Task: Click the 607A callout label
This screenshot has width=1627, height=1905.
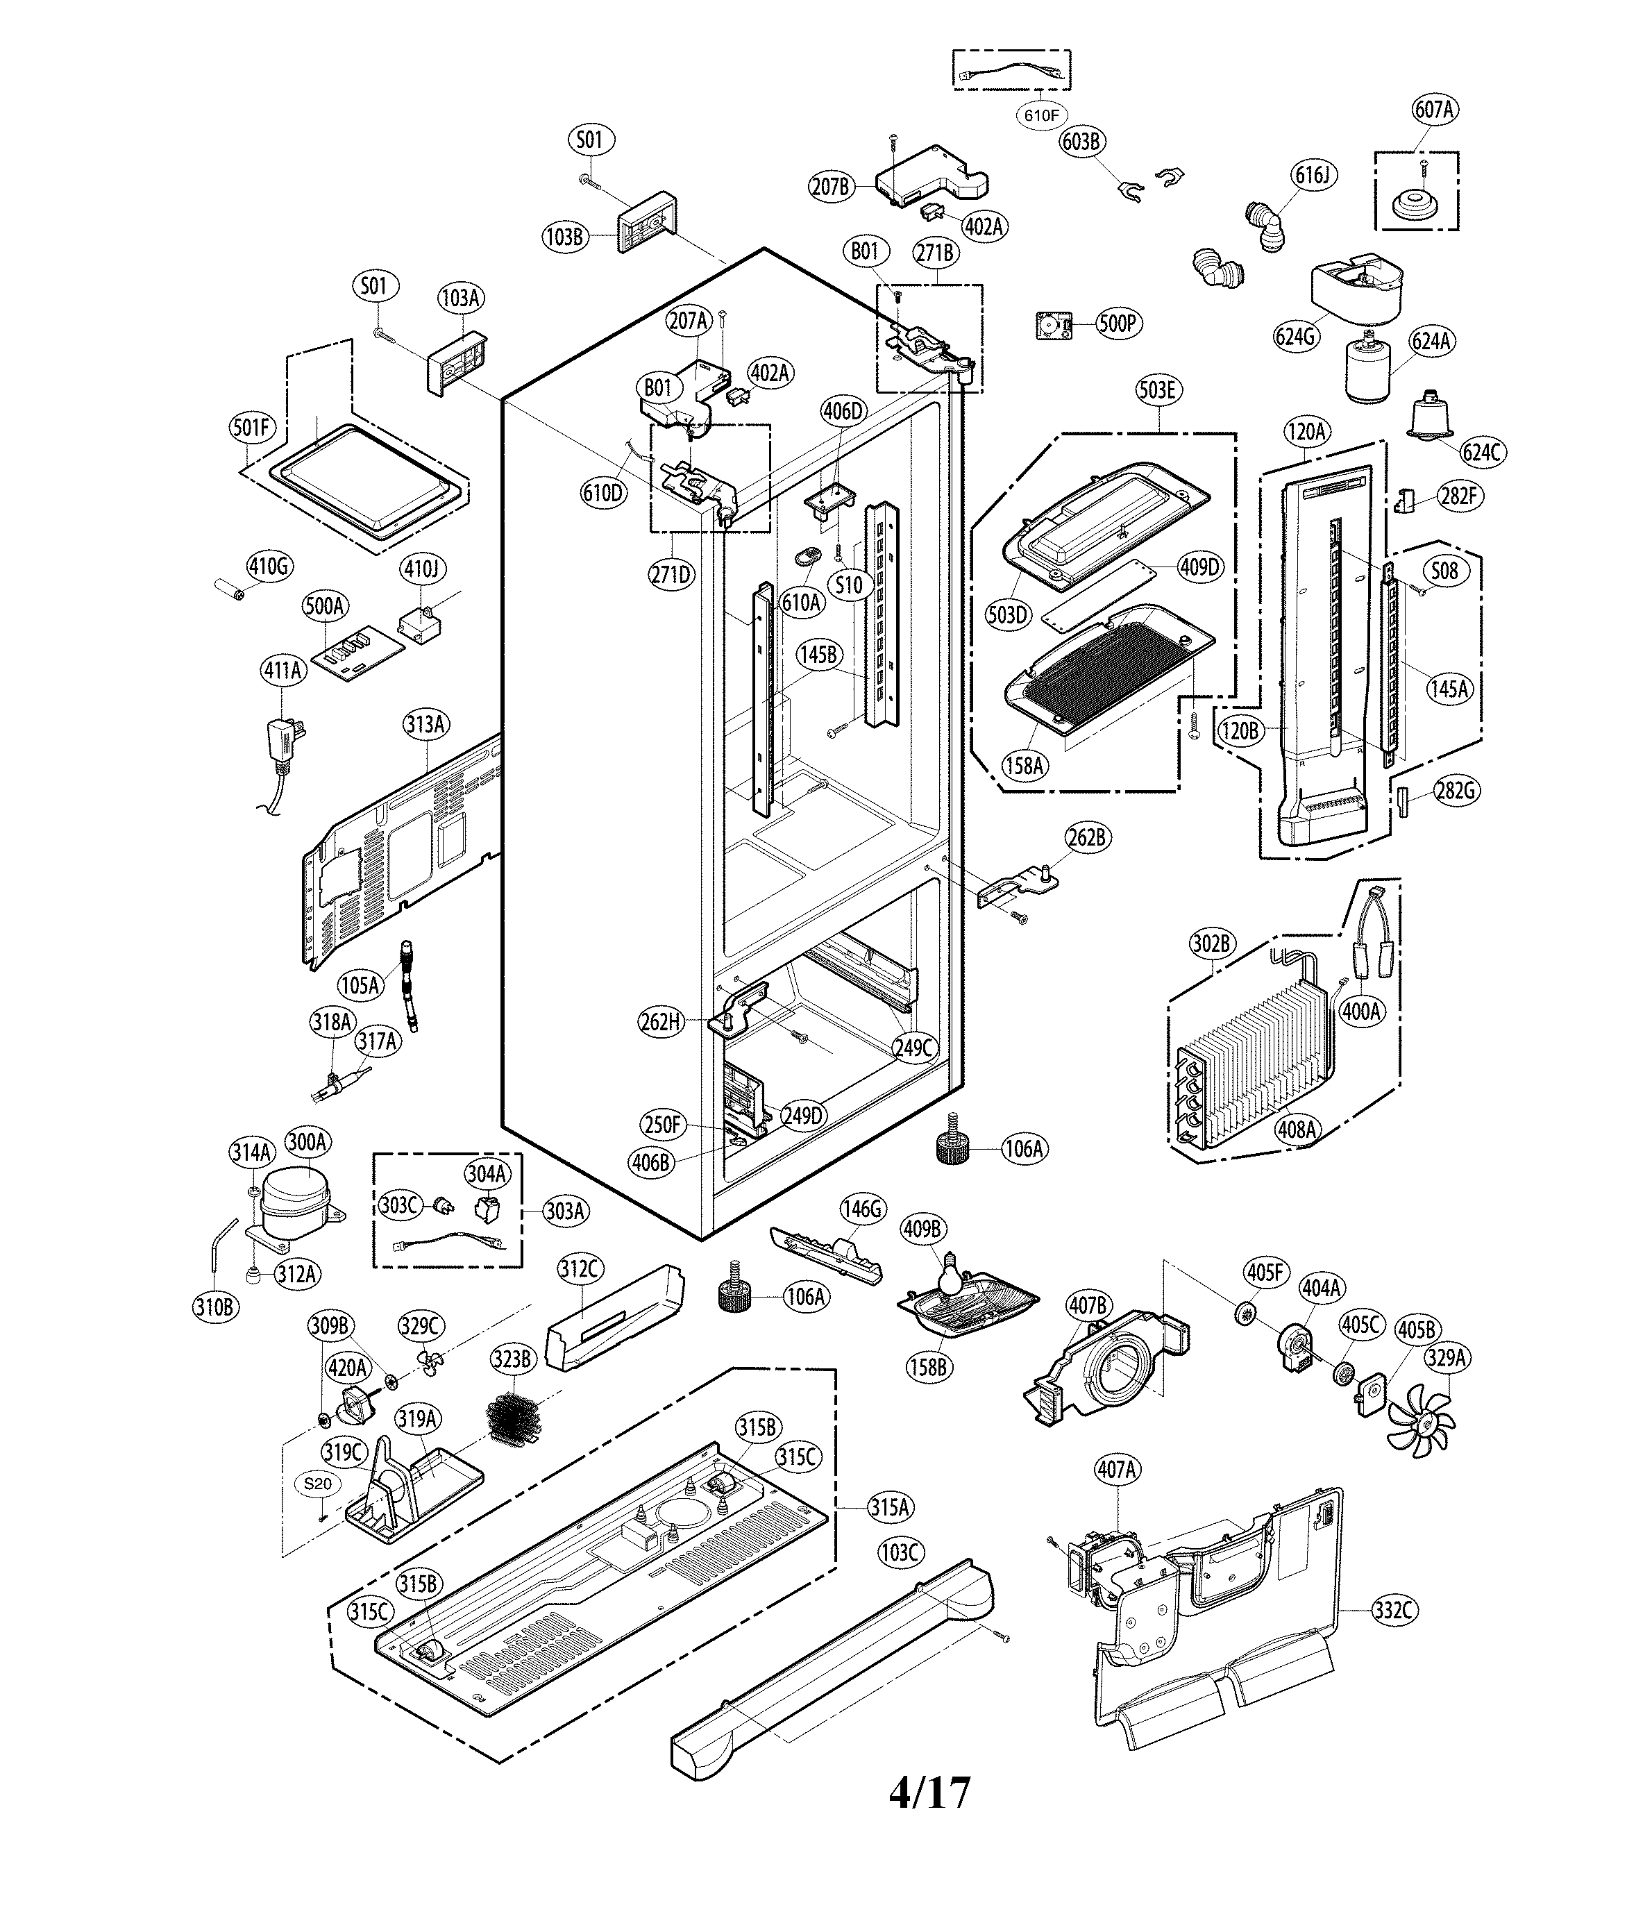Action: pos(1434,110)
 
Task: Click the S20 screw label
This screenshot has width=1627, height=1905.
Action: pos(318,1483)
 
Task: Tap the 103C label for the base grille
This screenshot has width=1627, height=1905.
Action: pos(899,1552)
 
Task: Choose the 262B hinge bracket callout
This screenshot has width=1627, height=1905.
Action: pos(1086,837)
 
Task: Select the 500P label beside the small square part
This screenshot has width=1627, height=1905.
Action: pos(1118,324)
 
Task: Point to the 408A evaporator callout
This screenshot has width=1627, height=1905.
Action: pos(1296,1128)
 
